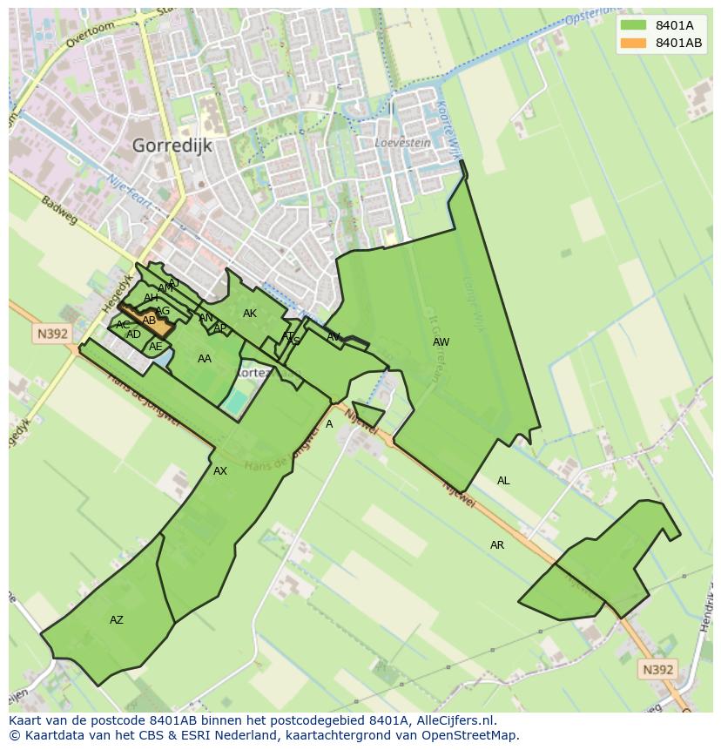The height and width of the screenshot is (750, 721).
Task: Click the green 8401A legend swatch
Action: tap(634, 25)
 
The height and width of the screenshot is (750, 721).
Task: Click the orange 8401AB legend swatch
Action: tap(634, 43)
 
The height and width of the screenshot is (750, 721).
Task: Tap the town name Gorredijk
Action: tap(172, 145)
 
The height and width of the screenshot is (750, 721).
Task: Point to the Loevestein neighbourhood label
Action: tap(402, 142)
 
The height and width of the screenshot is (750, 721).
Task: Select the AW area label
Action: tap(441, 342)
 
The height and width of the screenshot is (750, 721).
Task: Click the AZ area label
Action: tap(116, 620)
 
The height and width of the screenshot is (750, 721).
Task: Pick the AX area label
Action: tap(220, 471)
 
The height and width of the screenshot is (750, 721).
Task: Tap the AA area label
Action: tap(205, 359)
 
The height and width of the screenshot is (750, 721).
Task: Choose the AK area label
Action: tap(250, 314)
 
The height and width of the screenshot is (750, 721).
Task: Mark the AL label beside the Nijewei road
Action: tap(503, 481)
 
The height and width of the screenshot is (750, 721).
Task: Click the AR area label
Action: tap(497, 545)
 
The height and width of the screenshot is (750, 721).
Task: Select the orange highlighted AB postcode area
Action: tap(149, 321)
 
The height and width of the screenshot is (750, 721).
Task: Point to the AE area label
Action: tap(156, 347)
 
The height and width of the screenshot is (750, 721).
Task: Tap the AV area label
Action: tap(334, 337)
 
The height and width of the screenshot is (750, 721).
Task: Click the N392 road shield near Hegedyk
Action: tap(52, 334)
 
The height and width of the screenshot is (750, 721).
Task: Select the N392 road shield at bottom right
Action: tap(657, 669)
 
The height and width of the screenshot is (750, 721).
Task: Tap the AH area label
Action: tap(151, 298)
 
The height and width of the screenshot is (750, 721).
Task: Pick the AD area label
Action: tap(133, 334)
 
